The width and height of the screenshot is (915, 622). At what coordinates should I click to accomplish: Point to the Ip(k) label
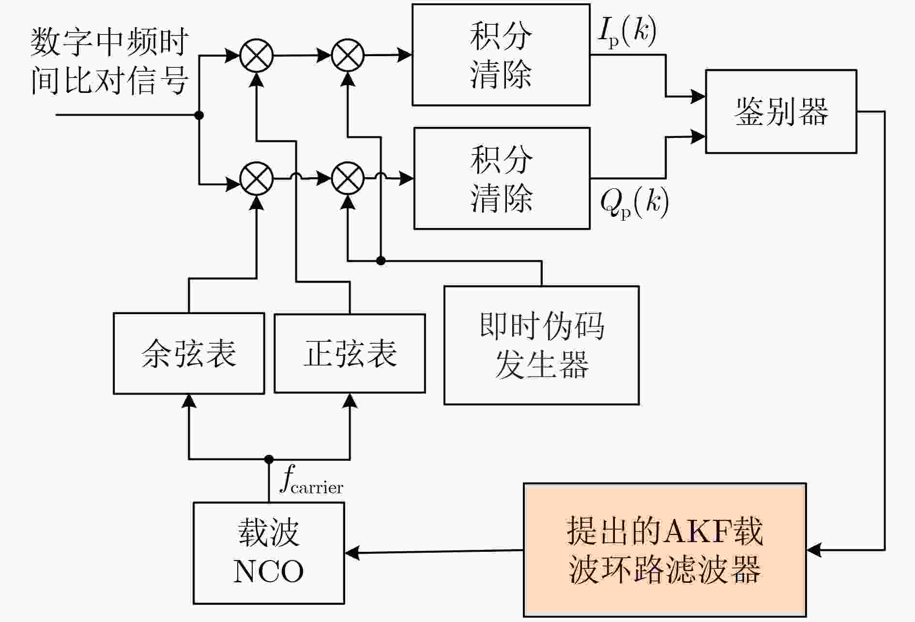627,32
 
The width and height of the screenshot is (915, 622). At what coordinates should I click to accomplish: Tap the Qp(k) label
635,202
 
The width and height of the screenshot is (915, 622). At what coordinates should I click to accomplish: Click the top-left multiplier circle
257,56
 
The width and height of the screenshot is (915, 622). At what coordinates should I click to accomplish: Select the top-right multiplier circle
348,55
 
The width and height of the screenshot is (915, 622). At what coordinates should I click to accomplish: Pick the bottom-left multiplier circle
257,178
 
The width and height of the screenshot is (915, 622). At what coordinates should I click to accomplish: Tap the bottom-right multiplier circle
348,178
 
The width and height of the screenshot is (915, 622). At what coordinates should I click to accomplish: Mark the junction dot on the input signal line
198,115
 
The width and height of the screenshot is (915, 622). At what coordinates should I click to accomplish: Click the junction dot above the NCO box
269,459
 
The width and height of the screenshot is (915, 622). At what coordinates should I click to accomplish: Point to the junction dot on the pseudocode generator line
381,261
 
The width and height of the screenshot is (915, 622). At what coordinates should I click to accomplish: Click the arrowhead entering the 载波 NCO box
352,553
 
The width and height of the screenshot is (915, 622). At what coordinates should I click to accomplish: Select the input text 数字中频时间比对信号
109,61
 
